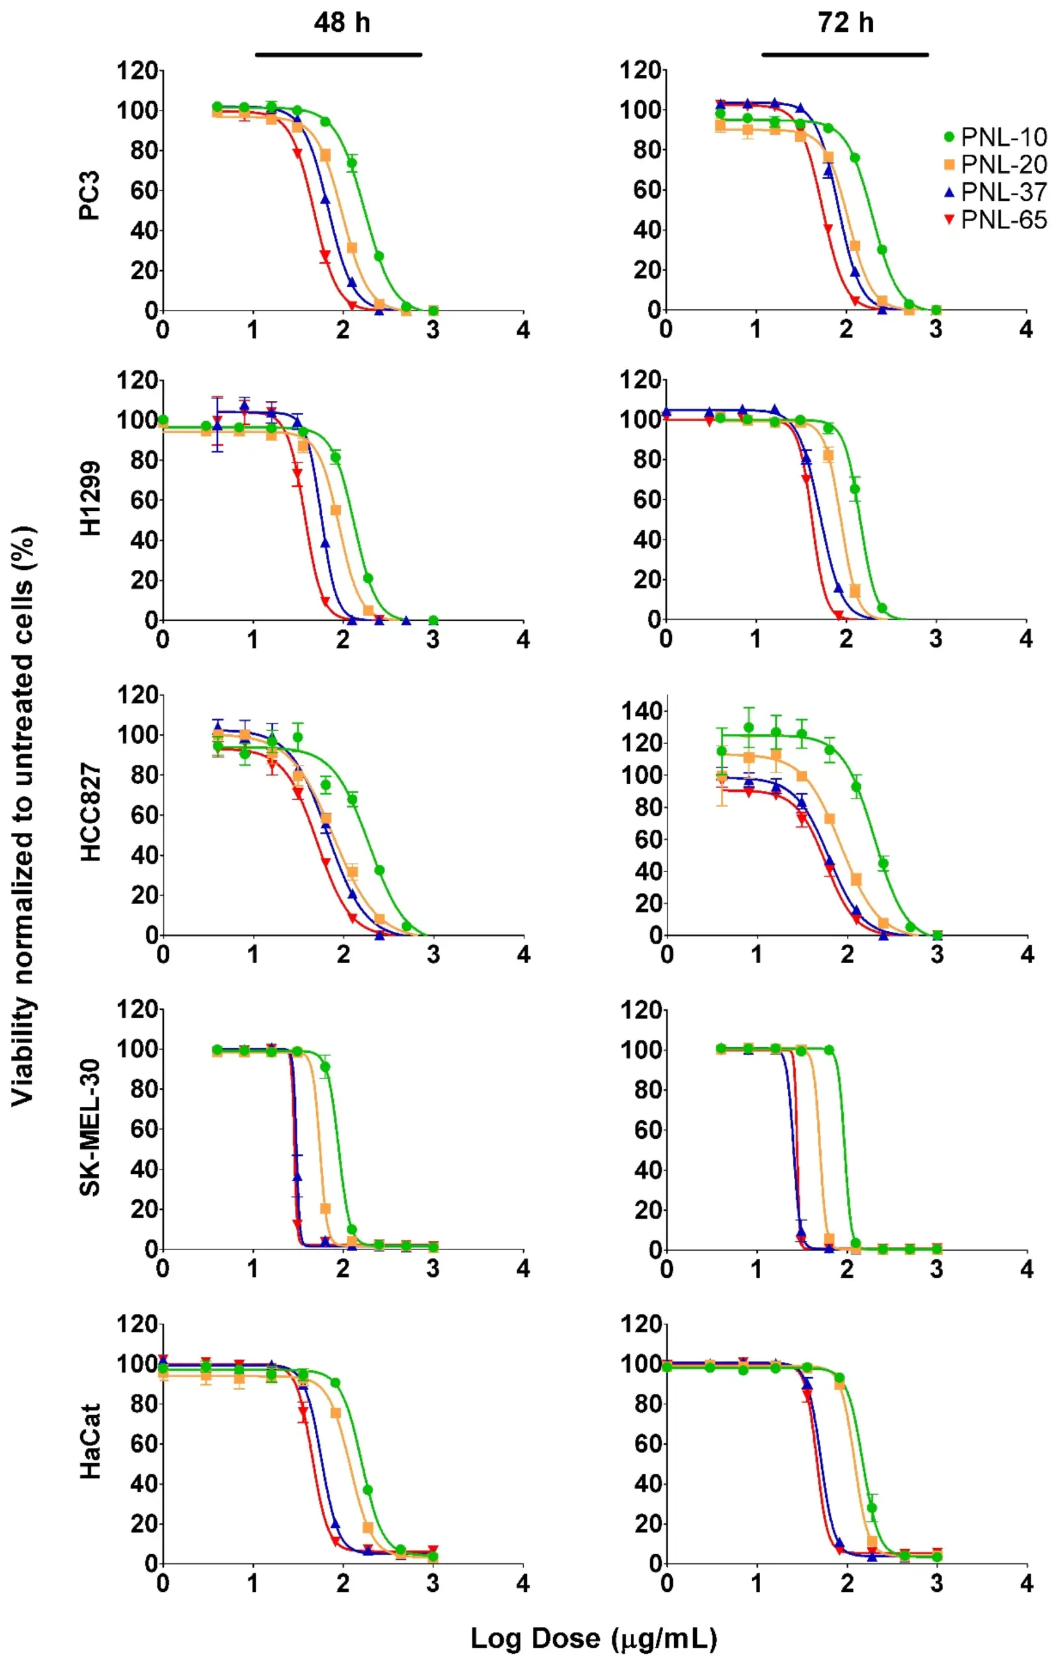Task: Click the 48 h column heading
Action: tap(342, 23)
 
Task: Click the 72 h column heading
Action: tap(845, 23)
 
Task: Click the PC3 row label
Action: tap(90, 195)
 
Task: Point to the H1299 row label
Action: tap(90, 498)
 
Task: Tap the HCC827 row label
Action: tap(90, 812)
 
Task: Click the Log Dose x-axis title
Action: tap(593, 1637)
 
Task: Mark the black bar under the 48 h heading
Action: tap(338, 55)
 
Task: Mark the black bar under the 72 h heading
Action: tap(845, 55)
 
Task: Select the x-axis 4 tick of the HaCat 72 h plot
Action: tap(1026, 1583)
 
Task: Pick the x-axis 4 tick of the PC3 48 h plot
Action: tap(523, 330)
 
